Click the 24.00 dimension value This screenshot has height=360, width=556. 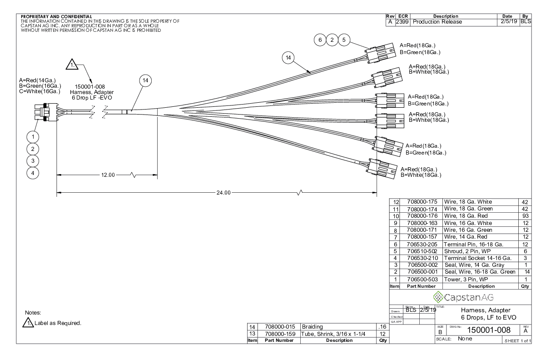click(222, 192)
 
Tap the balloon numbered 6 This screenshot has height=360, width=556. click(320, 40)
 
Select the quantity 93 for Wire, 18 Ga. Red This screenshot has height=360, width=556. click(525, 215)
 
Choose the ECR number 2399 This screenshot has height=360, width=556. click(402, 22)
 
